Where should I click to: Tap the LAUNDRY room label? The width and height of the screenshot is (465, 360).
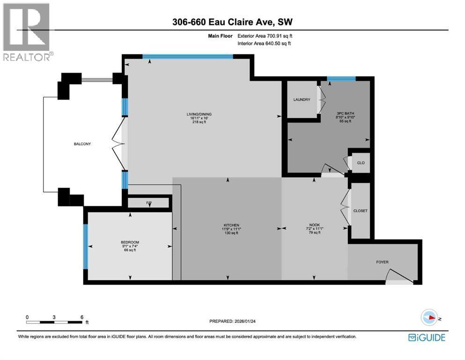pyautogui.click(x=302, y=99)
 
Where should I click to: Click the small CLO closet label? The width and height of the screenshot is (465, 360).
pyautogui.click(x=360, y=163)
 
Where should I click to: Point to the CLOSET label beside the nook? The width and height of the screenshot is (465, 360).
pyautogui.click(x=361, y=211)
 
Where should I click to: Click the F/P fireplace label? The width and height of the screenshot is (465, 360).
pyautogui.click(x=149, y=202)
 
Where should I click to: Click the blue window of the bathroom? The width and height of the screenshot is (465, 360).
pyautogui.click(x=341, y=78)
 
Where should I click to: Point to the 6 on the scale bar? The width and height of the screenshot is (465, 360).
pyautogui.click(x=81, y=317)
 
